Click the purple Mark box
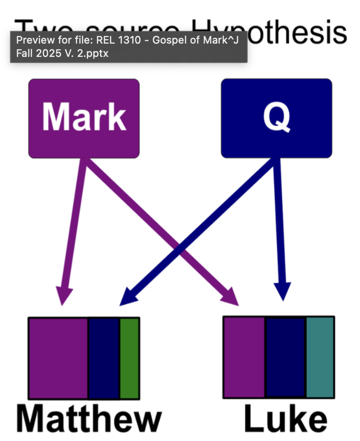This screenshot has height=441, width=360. pos(84,138)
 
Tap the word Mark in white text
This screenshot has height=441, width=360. pos(84,116)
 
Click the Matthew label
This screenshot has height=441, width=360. pos(89,419)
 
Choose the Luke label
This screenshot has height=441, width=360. pos(285,419)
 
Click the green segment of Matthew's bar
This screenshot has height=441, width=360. pos(129,358)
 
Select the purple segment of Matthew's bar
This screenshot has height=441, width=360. pos(58,358)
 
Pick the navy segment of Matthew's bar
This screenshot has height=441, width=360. pos(104,358)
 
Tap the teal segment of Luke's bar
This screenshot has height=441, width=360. pos(320,357)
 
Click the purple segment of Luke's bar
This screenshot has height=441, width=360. pos(244,357)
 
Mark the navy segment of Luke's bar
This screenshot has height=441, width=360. pos(285,357)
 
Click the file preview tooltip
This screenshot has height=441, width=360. pos(128,46)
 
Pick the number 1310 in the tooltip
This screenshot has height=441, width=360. pos(113,40)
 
